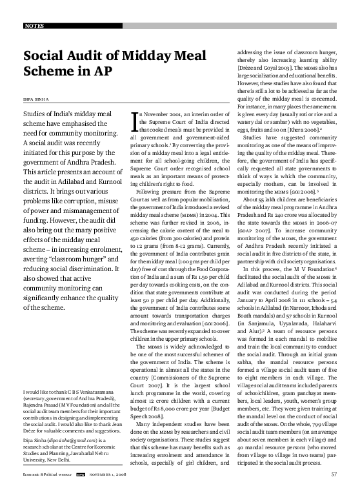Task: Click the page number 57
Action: [334, 475]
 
